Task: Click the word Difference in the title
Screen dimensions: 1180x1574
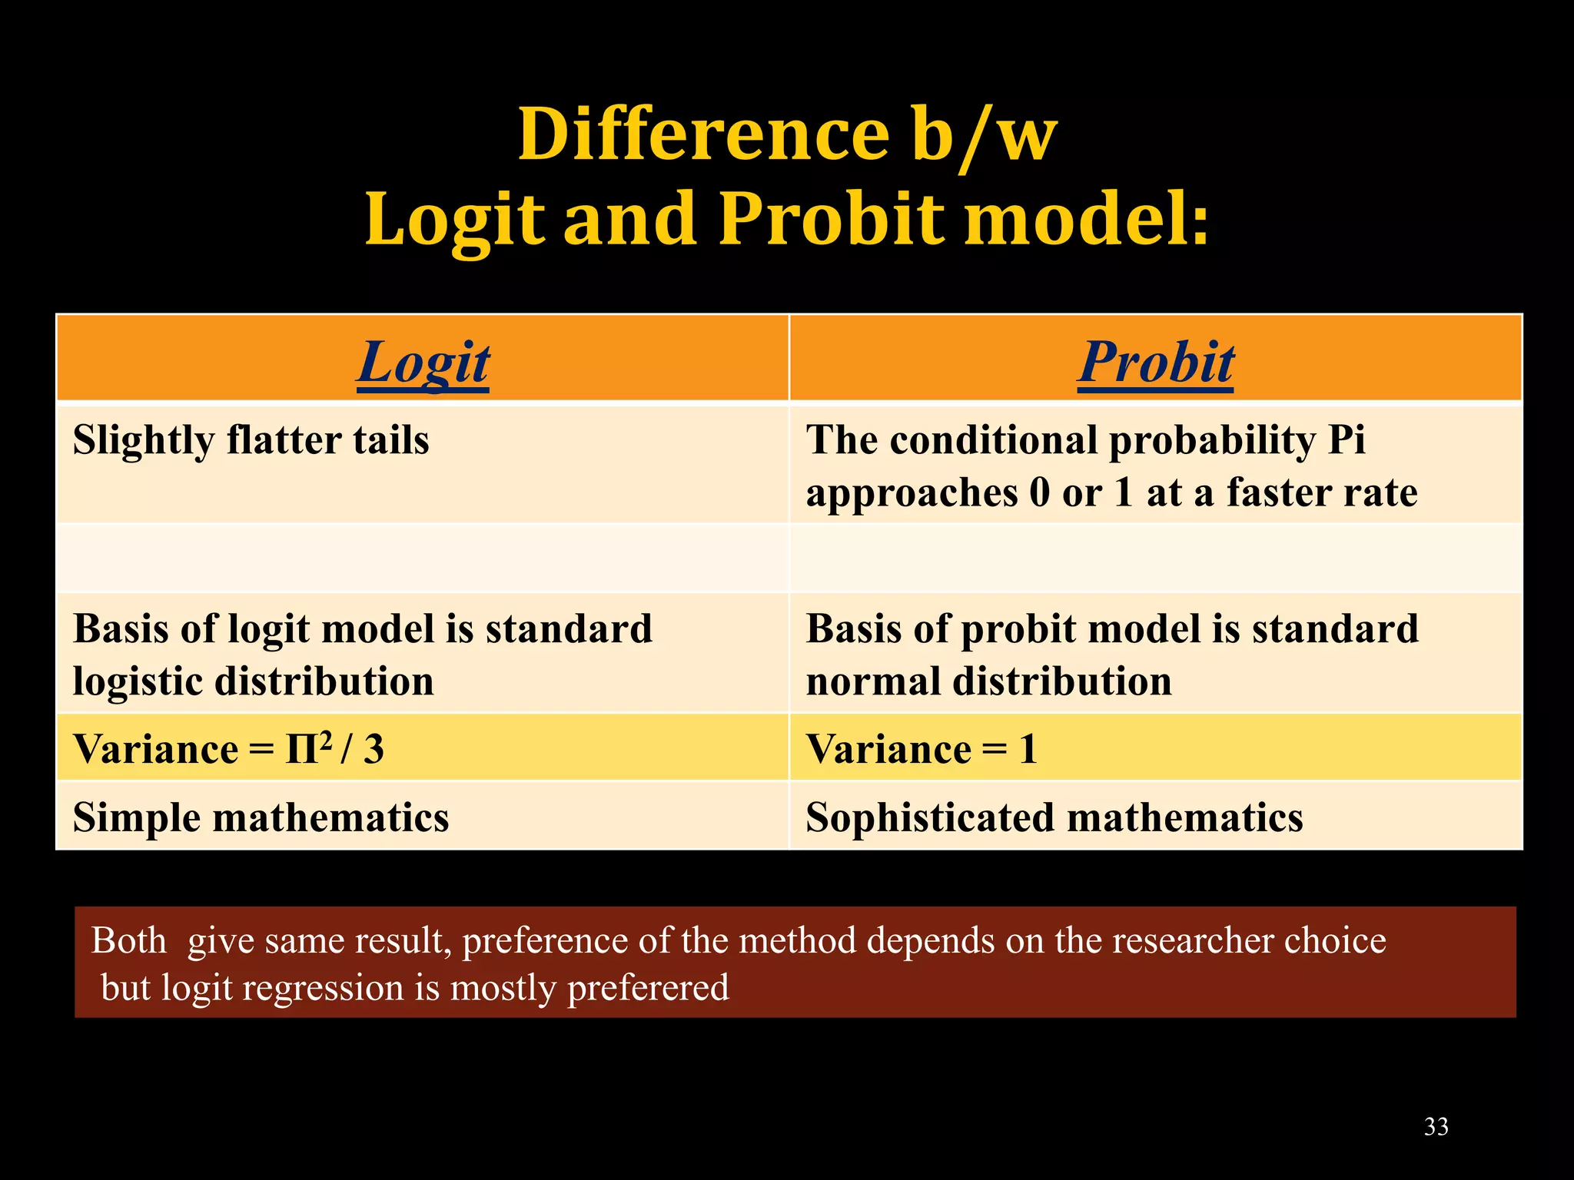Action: (x=703, y=135)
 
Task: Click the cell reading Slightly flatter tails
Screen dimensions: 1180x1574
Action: (x=251, y=441)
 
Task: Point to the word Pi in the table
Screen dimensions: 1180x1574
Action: (x=1347, y=441)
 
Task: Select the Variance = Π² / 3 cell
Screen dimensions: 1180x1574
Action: (x=228, y=749)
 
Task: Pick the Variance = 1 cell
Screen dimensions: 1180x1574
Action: (x=921, y=749)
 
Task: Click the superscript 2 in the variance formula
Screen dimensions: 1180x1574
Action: (x=325, y=739)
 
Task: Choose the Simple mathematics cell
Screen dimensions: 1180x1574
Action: (x=261, y=817)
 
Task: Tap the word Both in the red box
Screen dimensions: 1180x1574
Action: (x=129, y=941)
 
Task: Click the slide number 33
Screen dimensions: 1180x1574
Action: (x=1436, y=1127)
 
